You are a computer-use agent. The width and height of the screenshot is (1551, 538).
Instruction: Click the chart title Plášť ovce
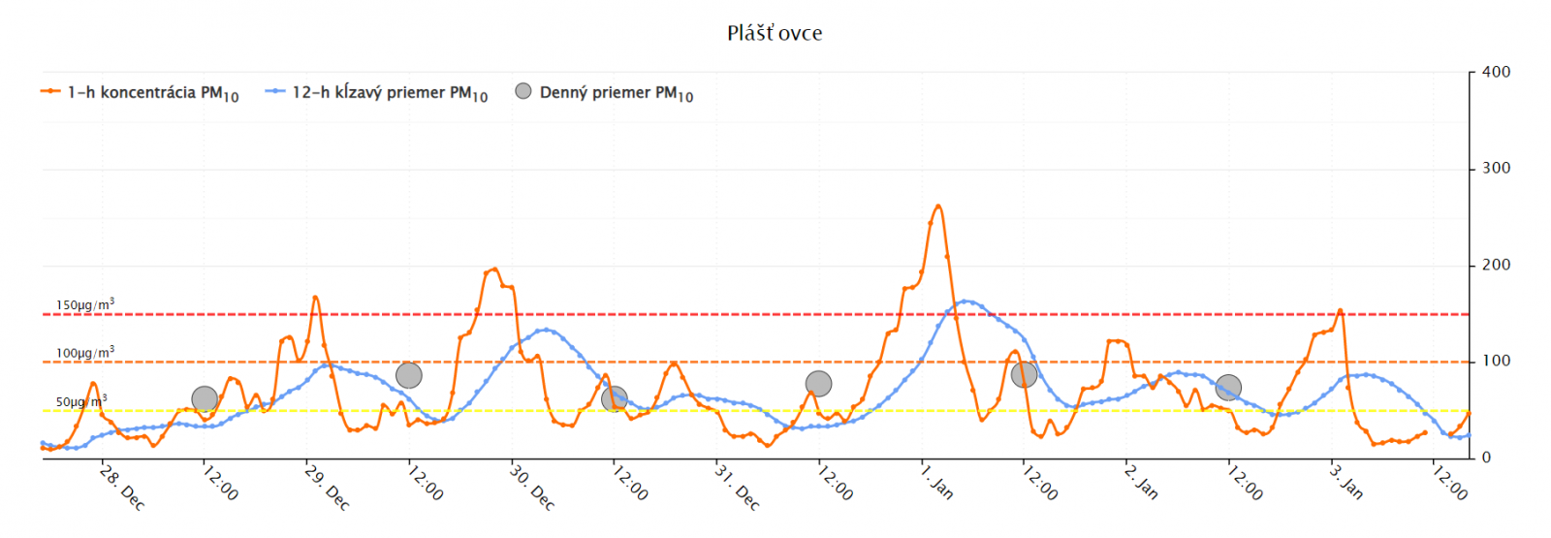pyautogui.click(x=775, y=33)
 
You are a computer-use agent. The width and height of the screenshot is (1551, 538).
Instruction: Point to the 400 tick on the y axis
pyautogui.click(x=1496, y=72)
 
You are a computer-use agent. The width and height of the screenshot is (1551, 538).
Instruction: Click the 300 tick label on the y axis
pyautogui.click(x=1496, y=168)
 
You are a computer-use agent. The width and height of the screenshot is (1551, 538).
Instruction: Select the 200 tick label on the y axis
pyautogui.click(x=1496, y=265)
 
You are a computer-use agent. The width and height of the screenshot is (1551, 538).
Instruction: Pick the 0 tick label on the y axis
pyautogui.click(x=1486, y=458)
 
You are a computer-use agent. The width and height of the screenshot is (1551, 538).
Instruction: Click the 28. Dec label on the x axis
pyautogui.click(x=122, y=488)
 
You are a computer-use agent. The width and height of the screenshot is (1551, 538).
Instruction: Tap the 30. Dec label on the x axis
pyautogui.click(x=532, y=488)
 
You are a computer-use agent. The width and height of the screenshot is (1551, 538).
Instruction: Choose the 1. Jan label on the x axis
pyautogui.click(x=937, y=482)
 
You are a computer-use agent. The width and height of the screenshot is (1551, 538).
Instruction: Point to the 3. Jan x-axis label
pyautogui.click(x=1346, y=482)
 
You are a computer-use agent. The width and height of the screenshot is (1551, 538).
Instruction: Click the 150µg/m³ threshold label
pyautogui.click(x=84, y=304)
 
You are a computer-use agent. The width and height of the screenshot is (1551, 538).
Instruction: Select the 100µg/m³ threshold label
pyautogui.click(x=84, y=353)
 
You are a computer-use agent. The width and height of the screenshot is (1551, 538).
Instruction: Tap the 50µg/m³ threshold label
pyautogui.click(x=80, y=401)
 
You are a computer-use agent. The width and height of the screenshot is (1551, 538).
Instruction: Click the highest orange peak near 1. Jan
pyautogui.click(x=937, y=206)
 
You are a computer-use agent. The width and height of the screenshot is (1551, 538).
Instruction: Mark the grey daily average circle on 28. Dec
pyautogui.click(x=205, y=398)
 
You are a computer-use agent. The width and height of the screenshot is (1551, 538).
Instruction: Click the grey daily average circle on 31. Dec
pyautogui.click(x=818, y=384)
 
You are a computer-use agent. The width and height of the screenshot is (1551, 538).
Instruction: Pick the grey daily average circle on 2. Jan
pyautogui.click(x=1228, y=388)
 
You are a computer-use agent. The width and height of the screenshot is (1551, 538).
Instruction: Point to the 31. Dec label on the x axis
pyautogui.click(x=737, y=488)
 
